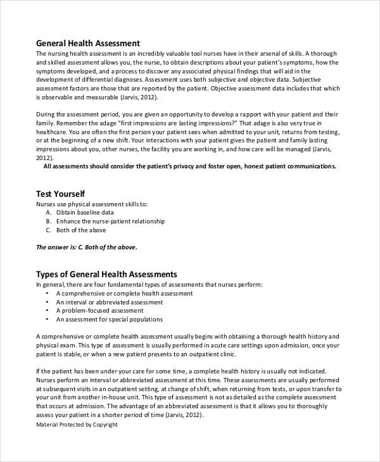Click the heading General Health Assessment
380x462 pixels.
tap(87, 43)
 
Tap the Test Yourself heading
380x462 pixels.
tap(61, 193)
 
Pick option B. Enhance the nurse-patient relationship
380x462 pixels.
tap(105, 222)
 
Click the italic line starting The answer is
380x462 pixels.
tap(87, 247)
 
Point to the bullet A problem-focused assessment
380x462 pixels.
tap(99, 311)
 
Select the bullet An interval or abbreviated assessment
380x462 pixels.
tap(110, 302)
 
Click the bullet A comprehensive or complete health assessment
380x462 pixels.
tap(124, 294)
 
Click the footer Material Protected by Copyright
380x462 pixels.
tap(78, 425)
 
